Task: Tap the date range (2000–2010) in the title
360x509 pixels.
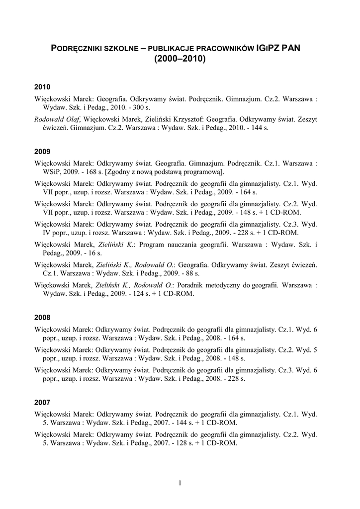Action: (180, 59)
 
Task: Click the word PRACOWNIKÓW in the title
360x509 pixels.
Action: (227, 48)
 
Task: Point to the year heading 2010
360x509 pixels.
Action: (43, 86)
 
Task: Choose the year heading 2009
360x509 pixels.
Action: (43, 150)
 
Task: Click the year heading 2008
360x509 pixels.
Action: (43, 317)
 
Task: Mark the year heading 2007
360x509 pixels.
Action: (43, 401)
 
